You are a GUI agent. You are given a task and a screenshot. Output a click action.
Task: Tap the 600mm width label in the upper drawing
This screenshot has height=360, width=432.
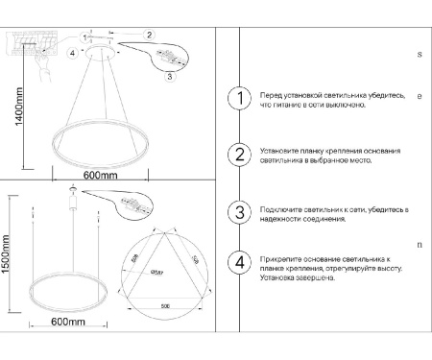click(x=99, y=176)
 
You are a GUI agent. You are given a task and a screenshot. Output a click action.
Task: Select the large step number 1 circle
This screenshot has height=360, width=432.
click(x=238, y=100)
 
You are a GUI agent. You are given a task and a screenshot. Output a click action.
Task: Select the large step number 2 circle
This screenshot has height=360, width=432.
click(x=238, y=156)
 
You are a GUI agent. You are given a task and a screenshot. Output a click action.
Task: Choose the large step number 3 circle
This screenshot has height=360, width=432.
click(x=238, y=213)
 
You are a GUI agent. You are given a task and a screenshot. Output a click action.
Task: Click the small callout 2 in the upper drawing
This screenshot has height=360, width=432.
click(x=149, y=35)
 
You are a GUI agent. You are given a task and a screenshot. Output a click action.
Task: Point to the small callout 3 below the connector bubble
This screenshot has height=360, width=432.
click(x=168, y=76)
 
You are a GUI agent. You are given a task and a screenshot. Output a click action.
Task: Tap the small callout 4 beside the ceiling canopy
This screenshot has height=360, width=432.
click(x=72, y=54)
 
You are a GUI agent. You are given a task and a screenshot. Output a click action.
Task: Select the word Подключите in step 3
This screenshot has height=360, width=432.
click(x=280, y=208)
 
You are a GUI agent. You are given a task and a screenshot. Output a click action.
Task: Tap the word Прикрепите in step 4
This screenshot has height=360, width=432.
click(x=280, y=259)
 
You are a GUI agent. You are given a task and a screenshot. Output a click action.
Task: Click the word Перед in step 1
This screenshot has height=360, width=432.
click(x=270, y=96)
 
